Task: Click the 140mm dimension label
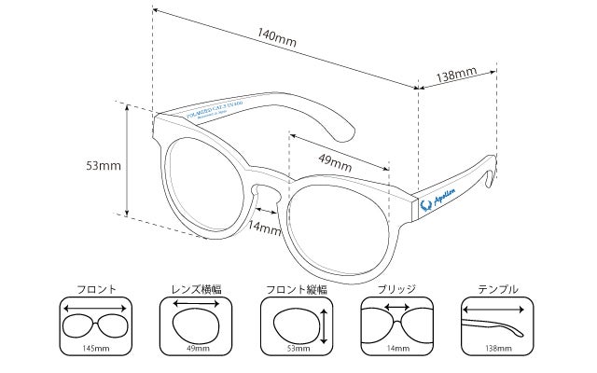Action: [x=279, y=35]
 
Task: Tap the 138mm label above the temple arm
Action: [x=457, y=74]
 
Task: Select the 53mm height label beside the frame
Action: [x=103, y=166]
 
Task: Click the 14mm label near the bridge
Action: [x=265, y=227]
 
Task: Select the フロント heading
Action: [x=96, y=289]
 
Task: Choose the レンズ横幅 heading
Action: [x=196, y=289]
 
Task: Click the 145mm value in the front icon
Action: [x=96, y=349]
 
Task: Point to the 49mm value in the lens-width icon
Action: [x=197, y=349]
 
